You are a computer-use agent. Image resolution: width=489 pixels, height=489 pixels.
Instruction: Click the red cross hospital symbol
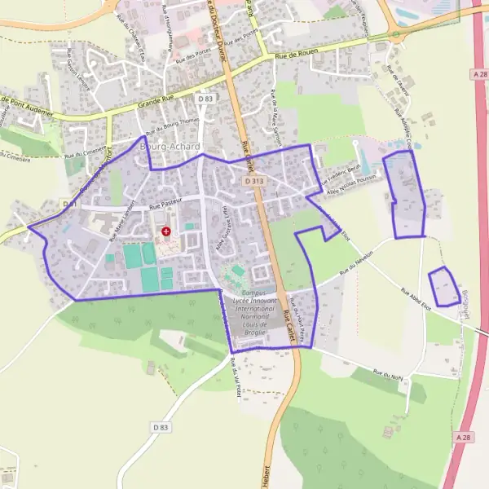point(166,231)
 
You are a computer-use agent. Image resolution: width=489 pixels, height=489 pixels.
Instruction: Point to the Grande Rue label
point(156,104)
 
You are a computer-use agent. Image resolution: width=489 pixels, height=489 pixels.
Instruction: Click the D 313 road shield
point(254,181)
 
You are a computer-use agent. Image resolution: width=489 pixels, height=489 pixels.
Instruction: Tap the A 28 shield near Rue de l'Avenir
point(479,73)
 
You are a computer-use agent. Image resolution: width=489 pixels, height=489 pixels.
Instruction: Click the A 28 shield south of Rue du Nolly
point(464,438)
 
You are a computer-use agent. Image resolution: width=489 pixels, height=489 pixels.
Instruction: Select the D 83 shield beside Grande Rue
point(205,99)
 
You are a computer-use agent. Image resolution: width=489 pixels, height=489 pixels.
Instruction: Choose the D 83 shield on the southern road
point(160,427)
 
